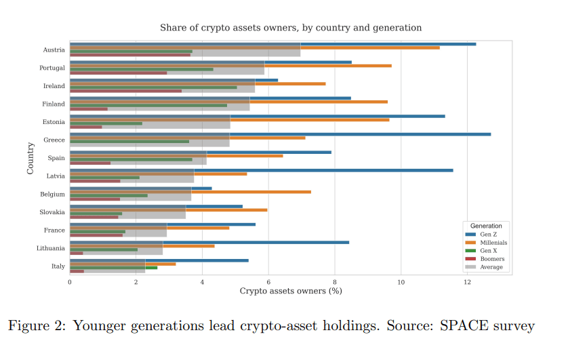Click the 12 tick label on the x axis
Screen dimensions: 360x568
coord(467,281)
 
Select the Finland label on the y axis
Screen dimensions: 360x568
coord(54,104)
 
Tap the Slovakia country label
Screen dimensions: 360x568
coord(53,212)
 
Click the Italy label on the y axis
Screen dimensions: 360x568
coord(58,266)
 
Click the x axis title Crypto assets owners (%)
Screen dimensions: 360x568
coord(291,291)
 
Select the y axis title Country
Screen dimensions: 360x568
coord(31,158)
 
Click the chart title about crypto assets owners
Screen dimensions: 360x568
coord(291,28)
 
